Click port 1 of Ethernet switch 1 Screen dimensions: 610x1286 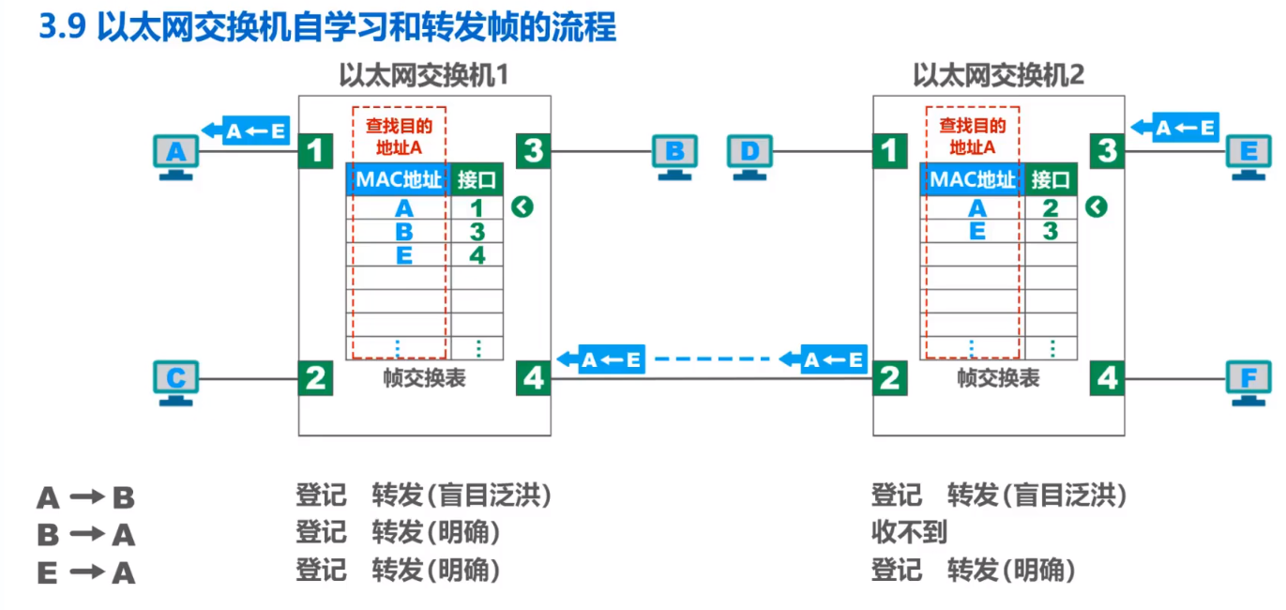(x=317, y=150)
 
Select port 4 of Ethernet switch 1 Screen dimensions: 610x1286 (x=533, y=378)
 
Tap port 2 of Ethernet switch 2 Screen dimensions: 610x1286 (x=889, y=378)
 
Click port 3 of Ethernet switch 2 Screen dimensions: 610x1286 (x=1108, y=150)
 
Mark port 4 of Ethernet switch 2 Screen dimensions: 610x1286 (x=1108, y=378)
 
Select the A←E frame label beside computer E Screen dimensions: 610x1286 (x=1173, y=127)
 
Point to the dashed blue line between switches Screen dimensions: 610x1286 (x=713, y=358)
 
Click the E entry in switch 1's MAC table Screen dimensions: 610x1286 (x=403, y=255)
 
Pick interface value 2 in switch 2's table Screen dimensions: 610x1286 (x=1050, y=208)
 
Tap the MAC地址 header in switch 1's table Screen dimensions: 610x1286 (x=398, y=178)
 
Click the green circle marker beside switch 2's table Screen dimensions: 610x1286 (x=1097, y=207)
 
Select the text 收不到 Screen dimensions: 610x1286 (x=909, y=533)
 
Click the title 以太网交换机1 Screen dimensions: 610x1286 (x=423, y=74)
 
